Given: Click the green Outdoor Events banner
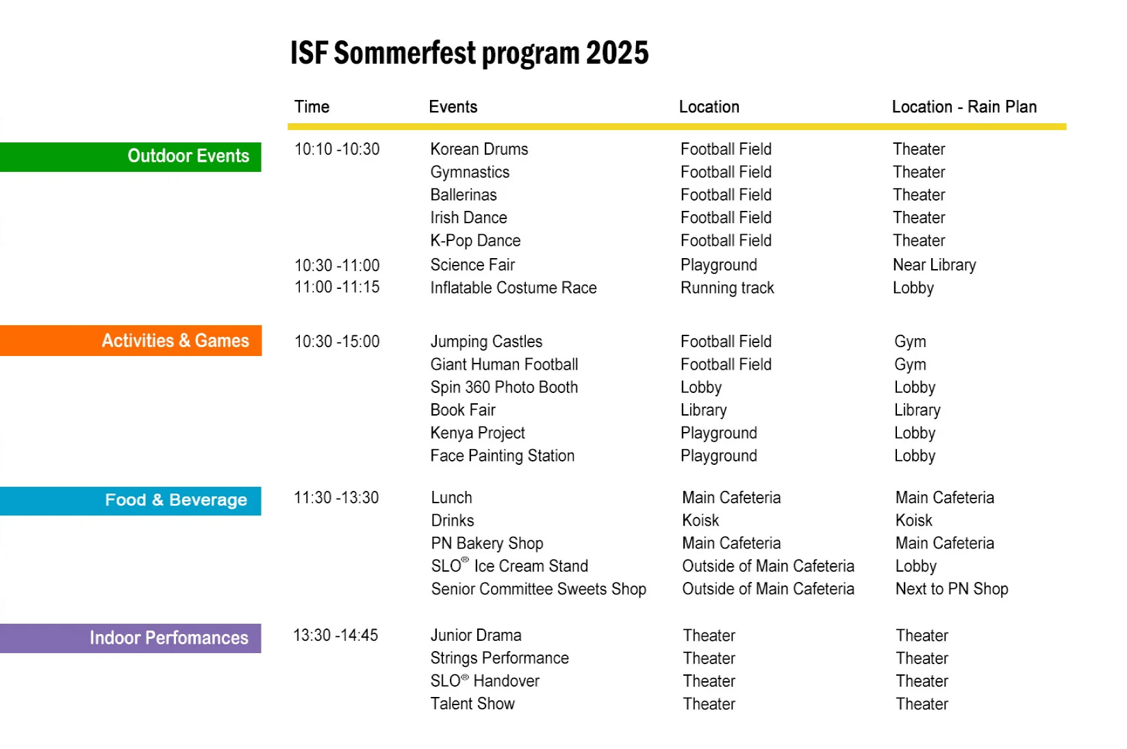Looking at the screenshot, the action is point(130,157).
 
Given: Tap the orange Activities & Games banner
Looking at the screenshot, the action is point(131,340).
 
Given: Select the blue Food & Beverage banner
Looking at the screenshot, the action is point(130,500).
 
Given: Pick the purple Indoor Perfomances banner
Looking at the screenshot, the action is point(130,638).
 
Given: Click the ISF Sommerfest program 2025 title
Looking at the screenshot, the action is point(470,53).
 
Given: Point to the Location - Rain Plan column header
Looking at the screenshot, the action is point(964,107).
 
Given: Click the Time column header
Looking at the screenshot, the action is point(312,107).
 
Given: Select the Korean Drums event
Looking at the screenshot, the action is point(479,149).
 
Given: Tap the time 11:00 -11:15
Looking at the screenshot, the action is point(337,287).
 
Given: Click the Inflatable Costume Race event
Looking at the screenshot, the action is point(514,288).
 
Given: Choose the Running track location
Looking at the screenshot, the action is point(727,288).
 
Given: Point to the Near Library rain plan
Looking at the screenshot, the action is point(935,264).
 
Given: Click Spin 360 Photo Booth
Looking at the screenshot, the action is point(504,387).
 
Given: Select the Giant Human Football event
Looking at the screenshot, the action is point(504,364).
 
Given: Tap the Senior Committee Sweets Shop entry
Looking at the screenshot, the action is point(538,589).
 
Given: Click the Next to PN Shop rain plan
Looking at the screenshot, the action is point(952,589).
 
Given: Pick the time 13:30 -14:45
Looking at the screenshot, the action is point(335,635).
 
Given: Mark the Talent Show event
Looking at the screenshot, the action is point(472,704).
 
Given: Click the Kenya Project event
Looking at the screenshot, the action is point(477,433).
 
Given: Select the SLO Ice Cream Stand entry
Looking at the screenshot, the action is point(509,566).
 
